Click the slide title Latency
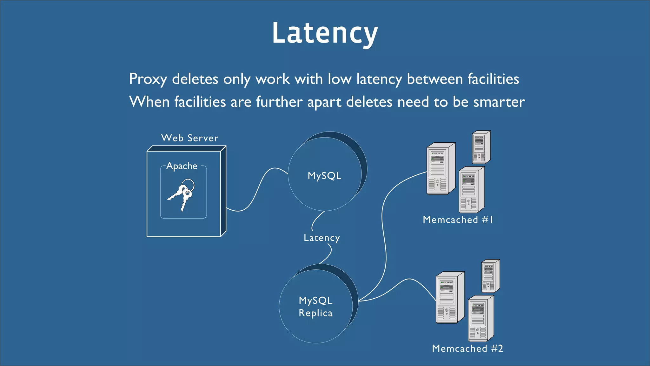pyautogui.click(x=325, y=33)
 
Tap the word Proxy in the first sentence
pyautogui.click(x=148, y=79)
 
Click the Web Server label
pyautogui.click(x=190, y=138)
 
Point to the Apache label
pyautogui.click(x=182, y=166)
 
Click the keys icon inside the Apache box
pyautogui.click(x=182, y=194)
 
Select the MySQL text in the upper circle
pyautogui.click(x=324, y=176)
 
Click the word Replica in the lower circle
pyautogui.click(x=315, y=313)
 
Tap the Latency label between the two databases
pyautogui.click(x=322, y=238)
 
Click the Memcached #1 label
pyautogui.click(x=458, y=220)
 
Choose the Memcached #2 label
pyautogui.click(x=467, y=349)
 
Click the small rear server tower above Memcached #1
pyautogui.click(x=481, y=147)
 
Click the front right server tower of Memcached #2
pyautogui.click(x=480, y=319)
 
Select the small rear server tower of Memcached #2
pyautogui.click(x=490, y=276)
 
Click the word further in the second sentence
pyautogui.click(x=279, y=102)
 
